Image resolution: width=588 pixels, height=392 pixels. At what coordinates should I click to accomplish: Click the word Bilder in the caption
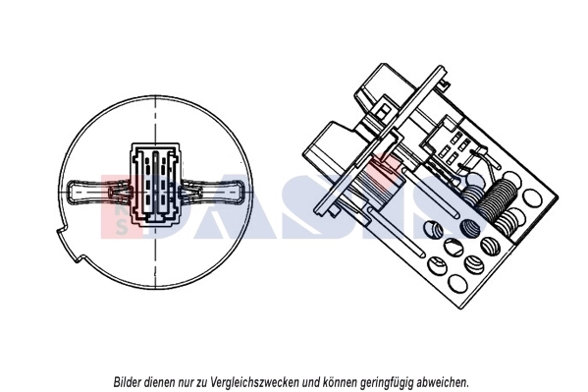click(x=127, y=381)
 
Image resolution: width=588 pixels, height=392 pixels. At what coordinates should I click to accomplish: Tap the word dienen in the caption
click(x=164, y=381)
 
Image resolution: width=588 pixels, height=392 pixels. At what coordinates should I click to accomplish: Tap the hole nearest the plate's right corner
click(x=531, y=196)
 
